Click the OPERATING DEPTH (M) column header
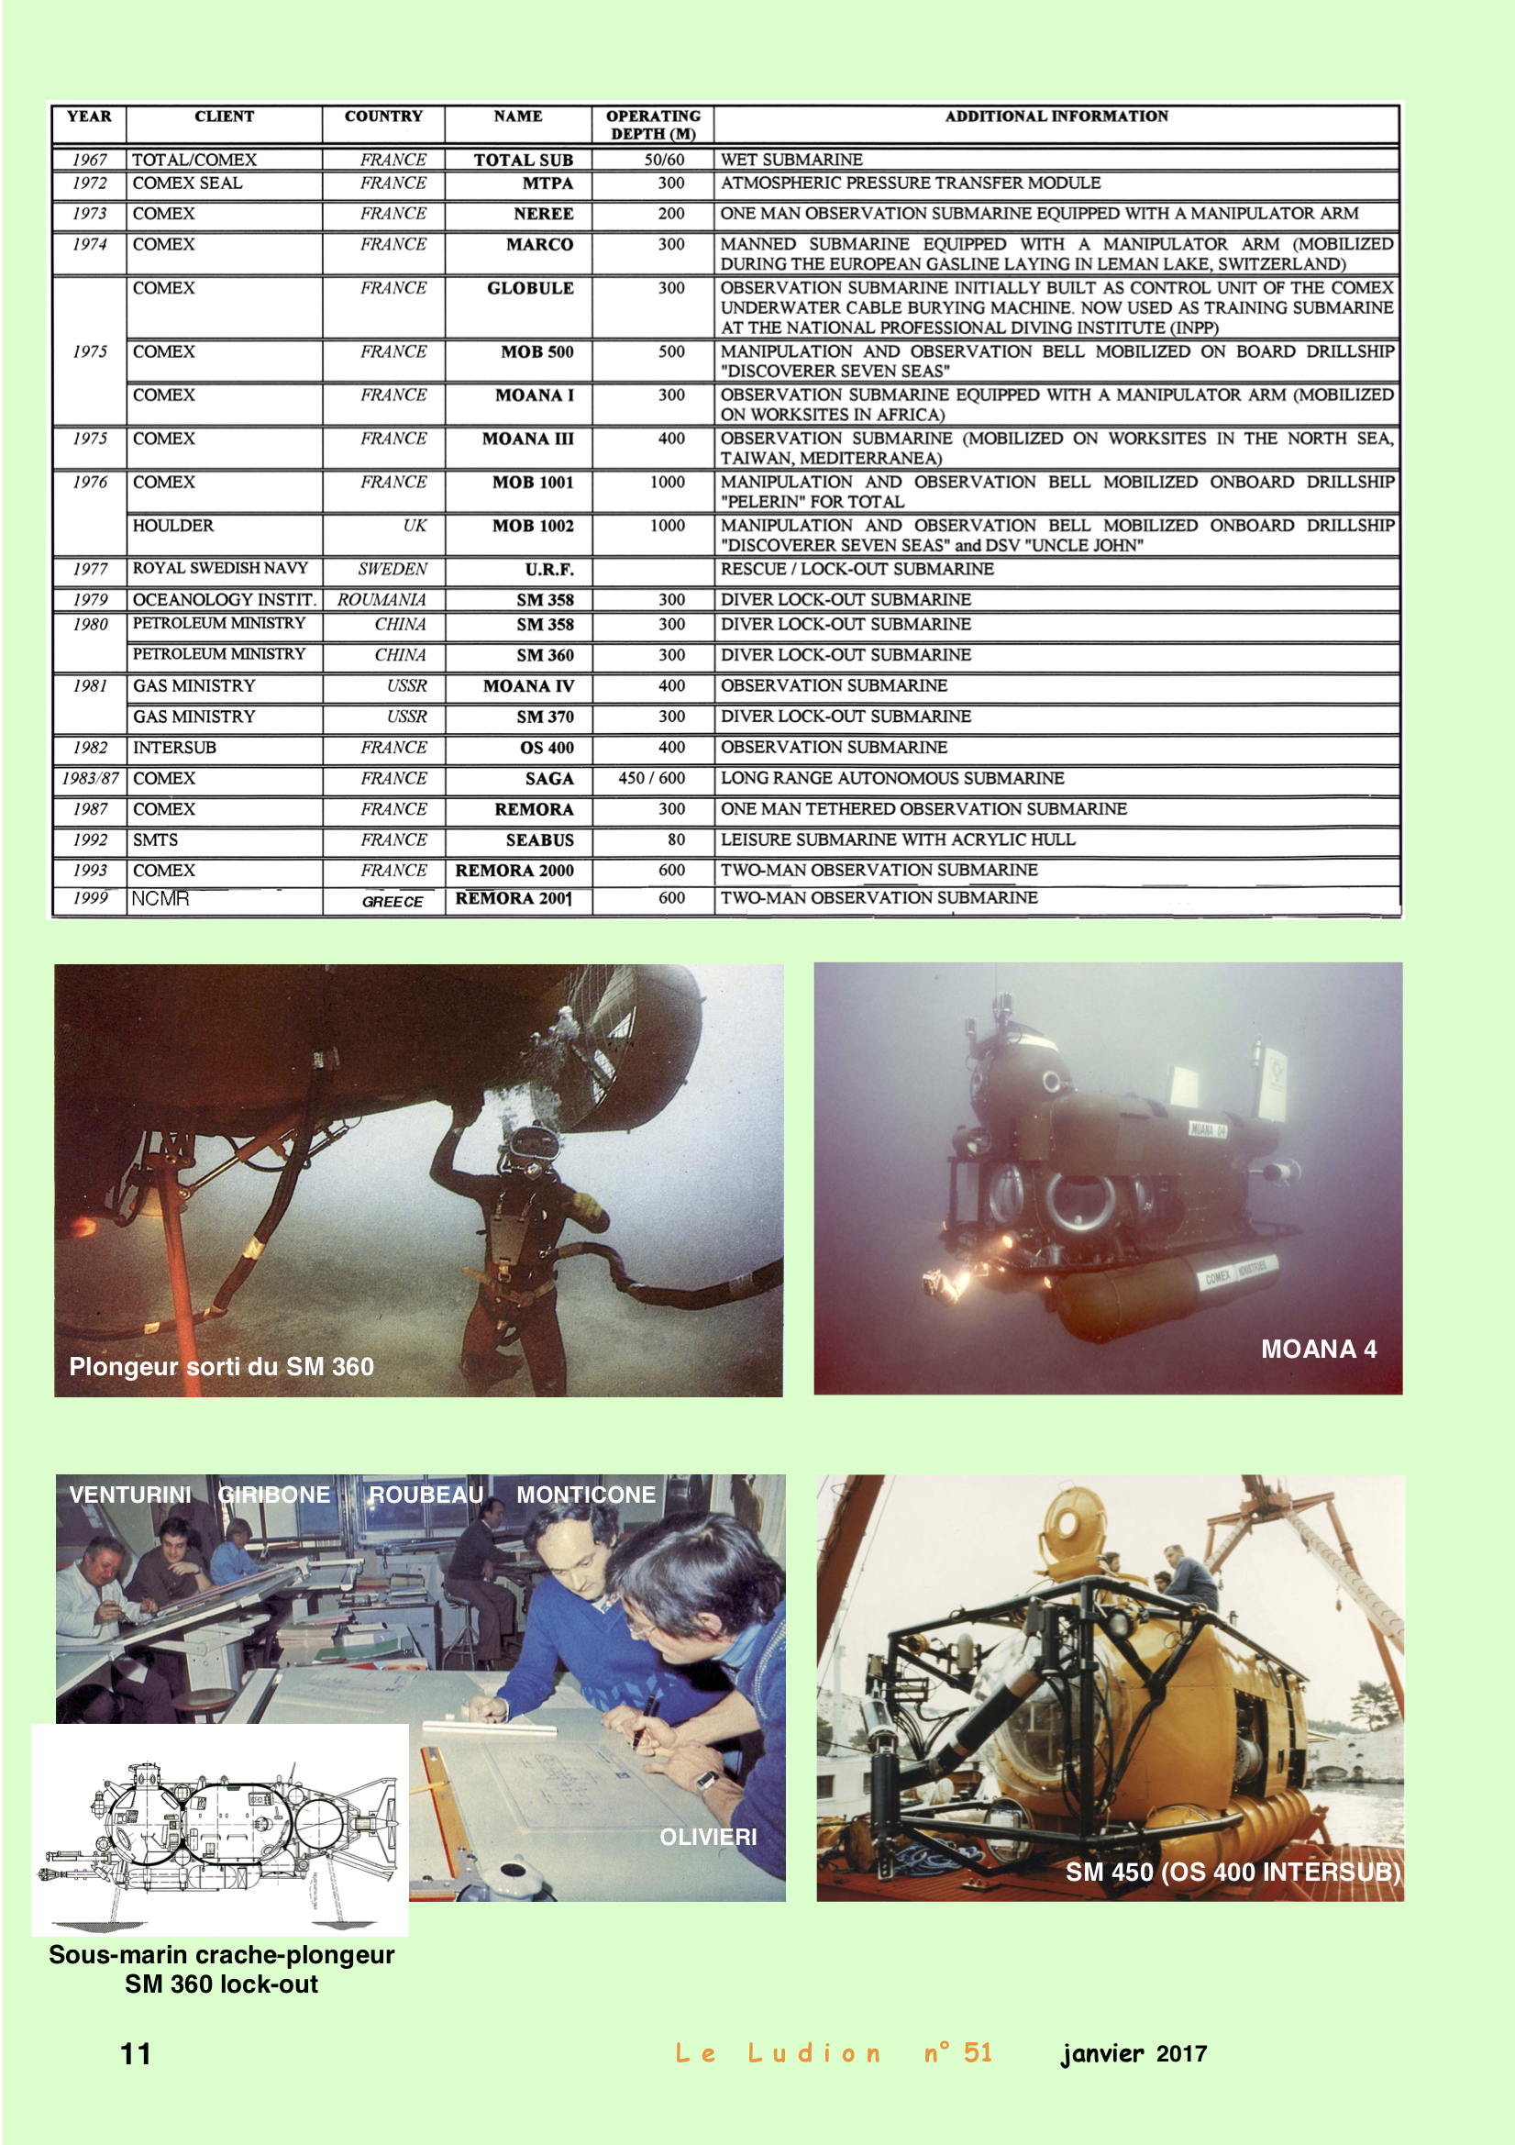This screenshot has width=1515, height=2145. click(653, 124)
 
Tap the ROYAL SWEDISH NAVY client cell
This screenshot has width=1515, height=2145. click(224, 568)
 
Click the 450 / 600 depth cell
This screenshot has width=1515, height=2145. click(653, 778)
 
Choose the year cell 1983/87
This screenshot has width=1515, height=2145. click(90, 778)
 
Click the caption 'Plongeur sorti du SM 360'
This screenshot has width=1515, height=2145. click(221, 1367)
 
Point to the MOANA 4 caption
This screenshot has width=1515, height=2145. click(1319, 1349)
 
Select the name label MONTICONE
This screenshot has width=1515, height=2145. click(586, 1495)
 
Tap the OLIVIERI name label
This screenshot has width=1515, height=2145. click(708, 1837)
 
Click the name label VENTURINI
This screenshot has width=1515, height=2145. click(130, 1495)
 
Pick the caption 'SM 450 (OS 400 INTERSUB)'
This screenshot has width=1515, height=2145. click(1233, 1872)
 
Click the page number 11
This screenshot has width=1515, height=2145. click(136, 2053)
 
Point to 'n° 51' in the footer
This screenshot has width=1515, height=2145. click(957, 2052)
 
